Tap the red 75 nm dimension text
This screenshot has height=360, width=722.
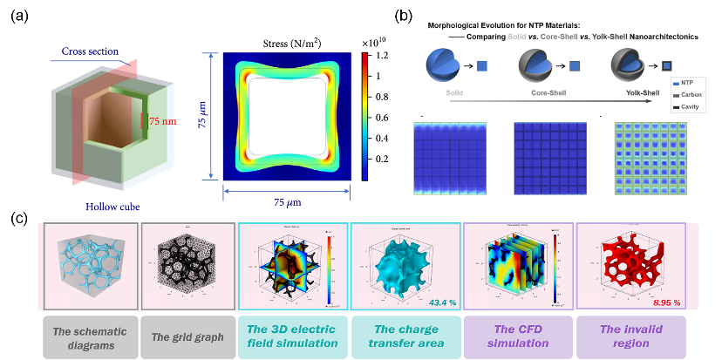pos(164,123)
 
